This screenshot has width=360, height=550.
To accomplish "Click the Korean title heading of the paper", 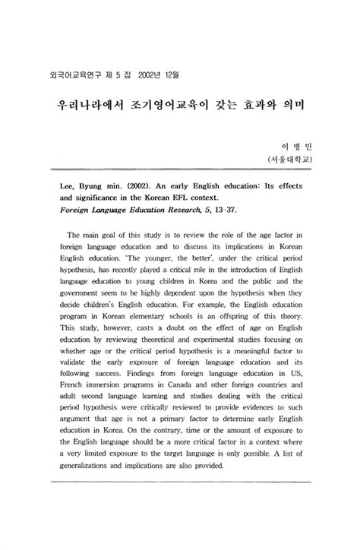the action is click(179, 102).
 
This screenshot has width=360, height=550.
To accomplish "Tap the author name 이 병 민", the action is click(297, 145).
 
